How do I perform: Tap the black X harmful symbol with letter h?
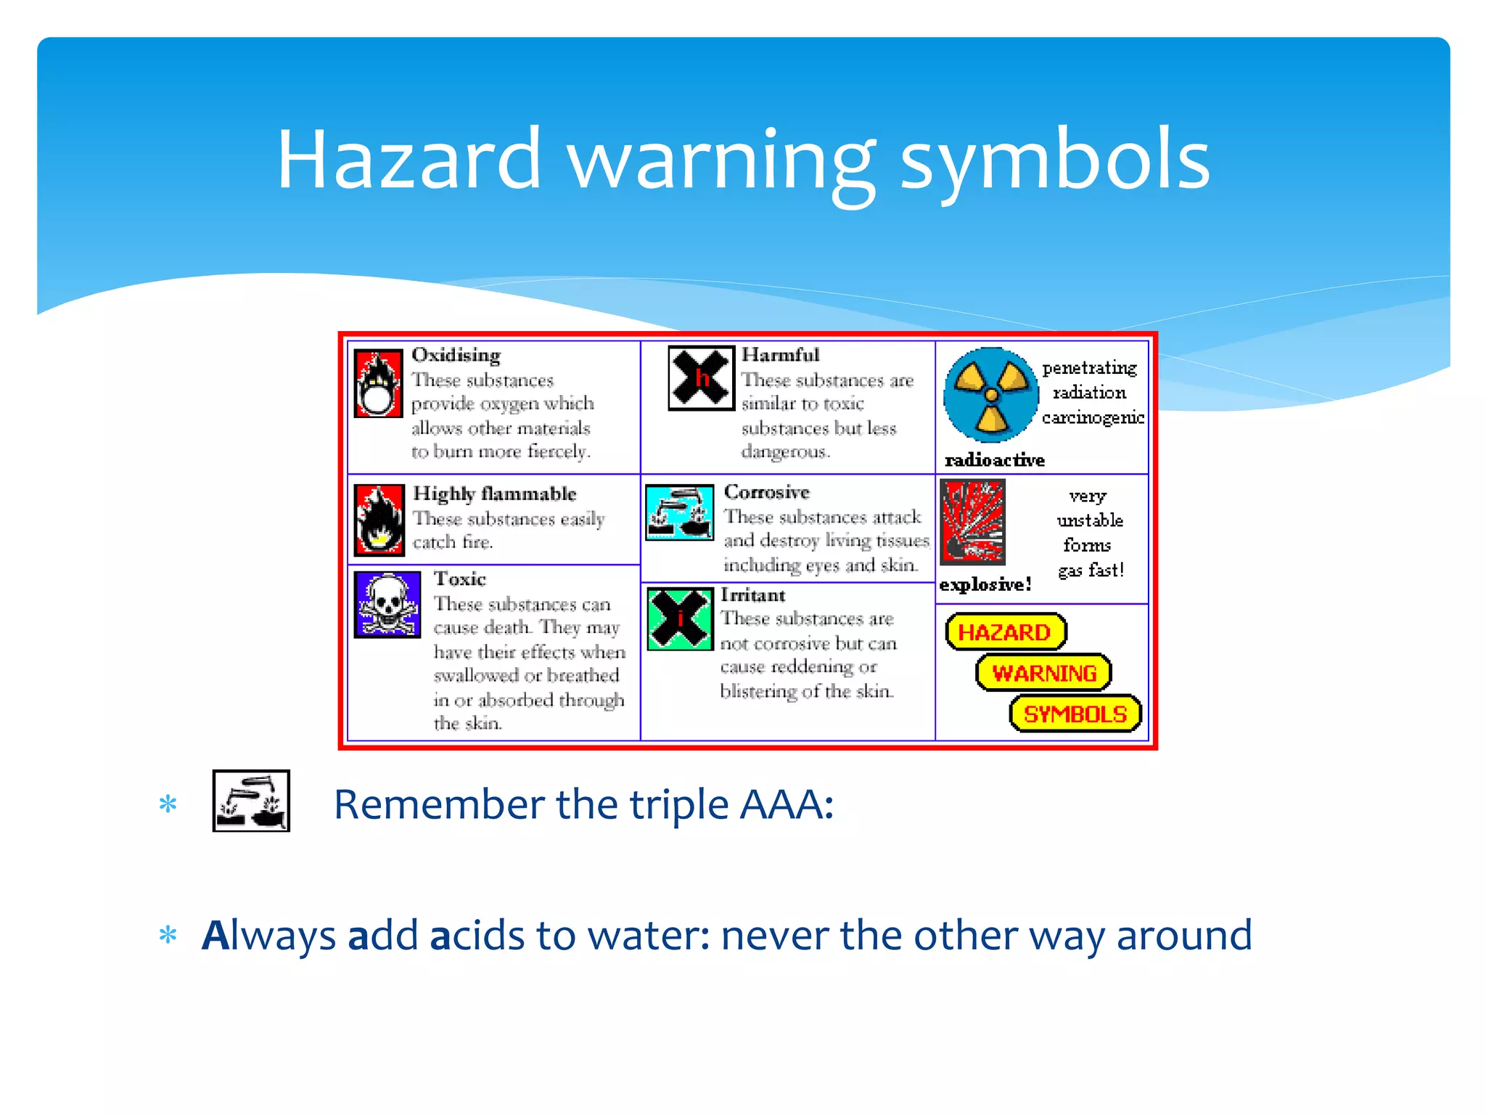[x=701, y=378]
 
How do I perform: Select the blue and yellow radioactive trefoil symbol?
[x=990, y=395]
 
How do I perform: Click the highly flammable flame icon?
[x=379, y=520]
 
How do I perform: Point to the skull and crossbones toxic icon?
[x=387, y=605]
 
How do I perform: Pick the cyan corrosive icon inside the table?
[x=679, y=512]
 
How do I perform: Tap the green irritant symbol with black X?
[x=680, y=619]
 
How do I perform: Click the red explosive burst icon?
[x=972, y=522]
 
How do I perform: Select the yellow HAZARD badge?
[x=1006, y=632]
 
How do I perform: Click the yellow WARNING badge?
[x=1043, y=673]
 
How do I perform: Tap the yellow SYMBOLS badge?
[x=1075, y=714]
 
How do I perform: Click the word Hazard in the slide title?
[x=409, y=159]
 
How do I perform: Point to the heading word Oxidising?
[x=456, y=355]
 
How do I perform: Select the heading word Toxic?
[x=459, y=579]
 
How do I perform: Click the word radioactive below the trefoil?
[x=995, y=460]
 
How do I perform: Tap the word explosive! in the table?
[x=985, y=585]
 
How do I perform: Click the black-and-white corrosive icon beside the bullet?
[x=251, y=801]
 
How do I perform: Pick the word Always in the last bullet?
[x=268, y=936]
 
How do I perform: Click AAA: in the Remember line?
[x=787, y=804]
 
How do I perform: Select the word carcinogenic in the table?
[x=1093, y=417]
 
